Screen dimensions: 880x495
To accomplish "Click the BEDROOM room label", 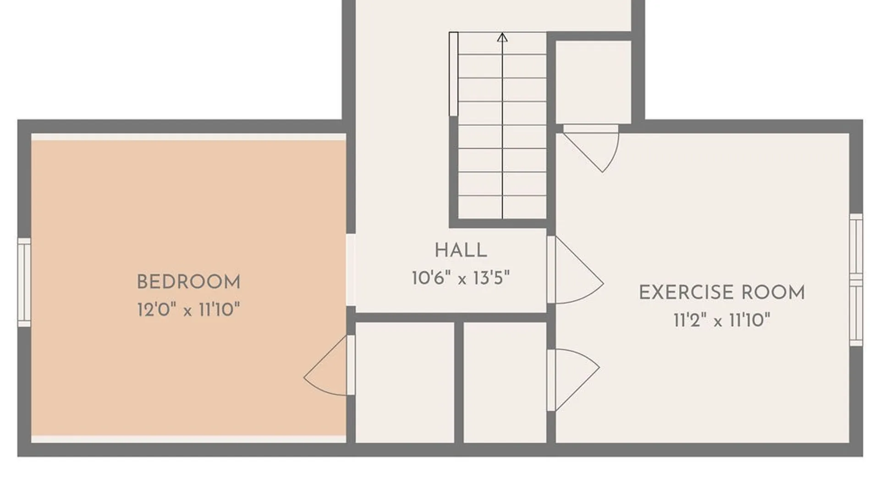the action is click(189, 282).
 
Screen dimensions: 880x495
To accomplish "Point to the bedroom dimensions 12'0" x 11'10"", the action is click(189, 310).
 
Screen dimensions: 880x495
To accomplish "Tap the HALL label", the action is click(461, 251).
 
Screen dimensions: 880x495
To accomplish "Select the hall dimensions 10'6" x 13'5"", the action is click(461, 278).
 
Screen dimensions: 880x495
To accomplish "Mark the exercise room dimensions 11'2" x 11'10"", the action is click(722, 320).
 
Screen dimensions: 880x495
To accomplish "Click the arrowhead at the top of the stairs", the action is click(502, 37).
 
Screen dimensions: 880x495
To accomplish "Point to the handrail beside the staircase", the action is click(453, 74).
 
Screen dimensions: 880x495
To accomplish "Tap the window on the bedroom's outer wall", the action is click(24, 282).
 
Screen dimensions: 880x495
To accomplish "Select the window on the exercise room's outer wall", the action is click(856, 280).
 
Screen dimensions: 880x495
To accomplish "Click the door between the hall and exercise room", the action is click(575, 269).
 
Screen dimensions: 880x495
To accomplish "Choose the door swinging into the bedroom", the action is click(329, 365).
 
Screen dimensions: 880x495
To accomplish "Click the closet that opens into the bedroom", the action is click(405, 383).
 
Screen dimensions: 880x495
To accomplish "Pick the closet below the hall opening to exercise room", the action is click(505, 383).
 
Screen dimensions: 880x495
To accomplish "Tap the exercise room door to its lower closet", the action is click(573, 380).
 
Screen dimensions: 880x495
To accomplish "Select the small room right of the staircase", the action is click(593, 82).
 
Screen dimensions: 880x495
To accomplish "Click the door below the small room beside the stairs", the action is click(591, 148).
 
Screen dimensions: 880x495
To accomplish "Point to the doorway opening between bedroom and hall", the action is click(351, 270).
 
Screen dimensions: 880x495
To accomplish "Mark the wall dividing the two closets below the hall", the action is click(459, 383).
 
